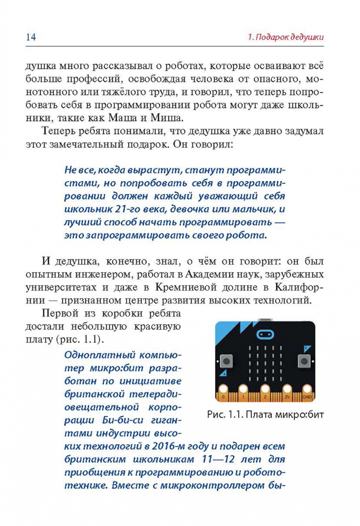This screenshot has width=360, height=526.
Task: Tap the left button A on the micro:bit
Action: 226,361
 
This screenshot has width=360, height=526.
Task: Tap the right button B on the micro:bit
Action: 304,361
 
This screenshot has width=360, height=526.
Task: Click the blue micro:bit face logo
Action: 265,335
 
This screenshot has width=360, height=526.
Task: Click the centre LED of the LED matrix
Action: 265,362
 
